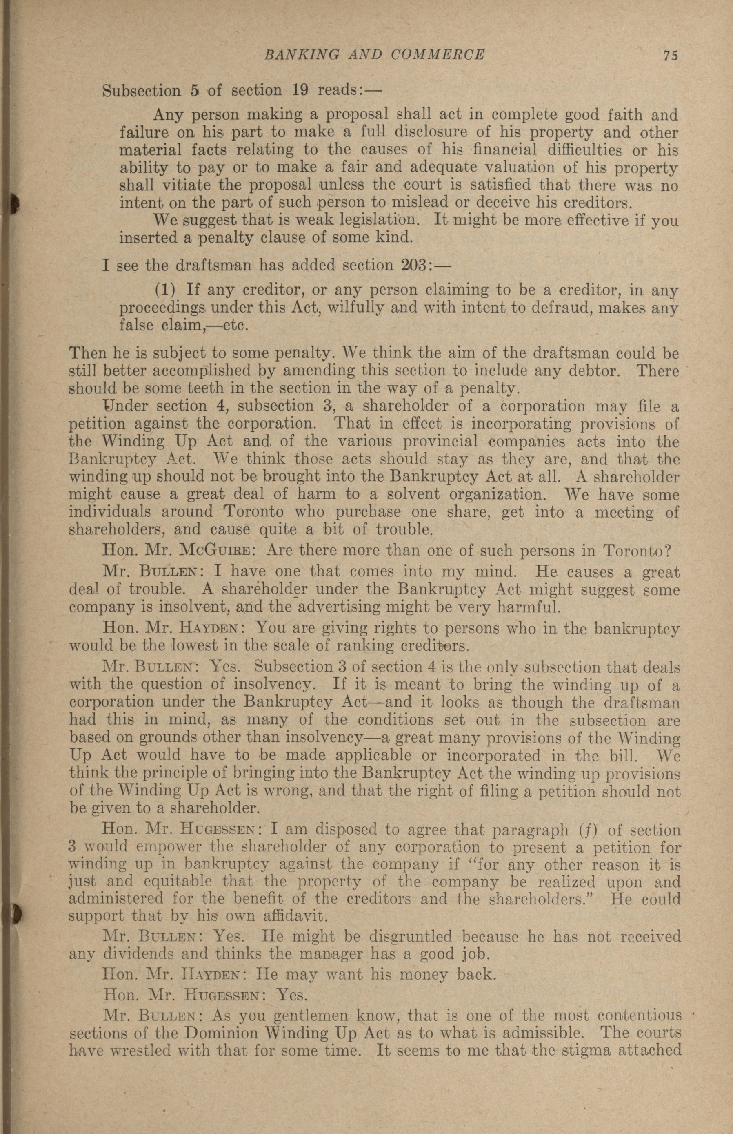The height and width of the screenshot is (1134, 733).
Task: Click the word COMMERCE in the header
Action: pyautogui.click(x=438, y=55)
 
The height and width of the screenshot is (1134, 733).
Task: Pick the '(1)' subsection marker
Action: pyautogui.click(x=166, y=289)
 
